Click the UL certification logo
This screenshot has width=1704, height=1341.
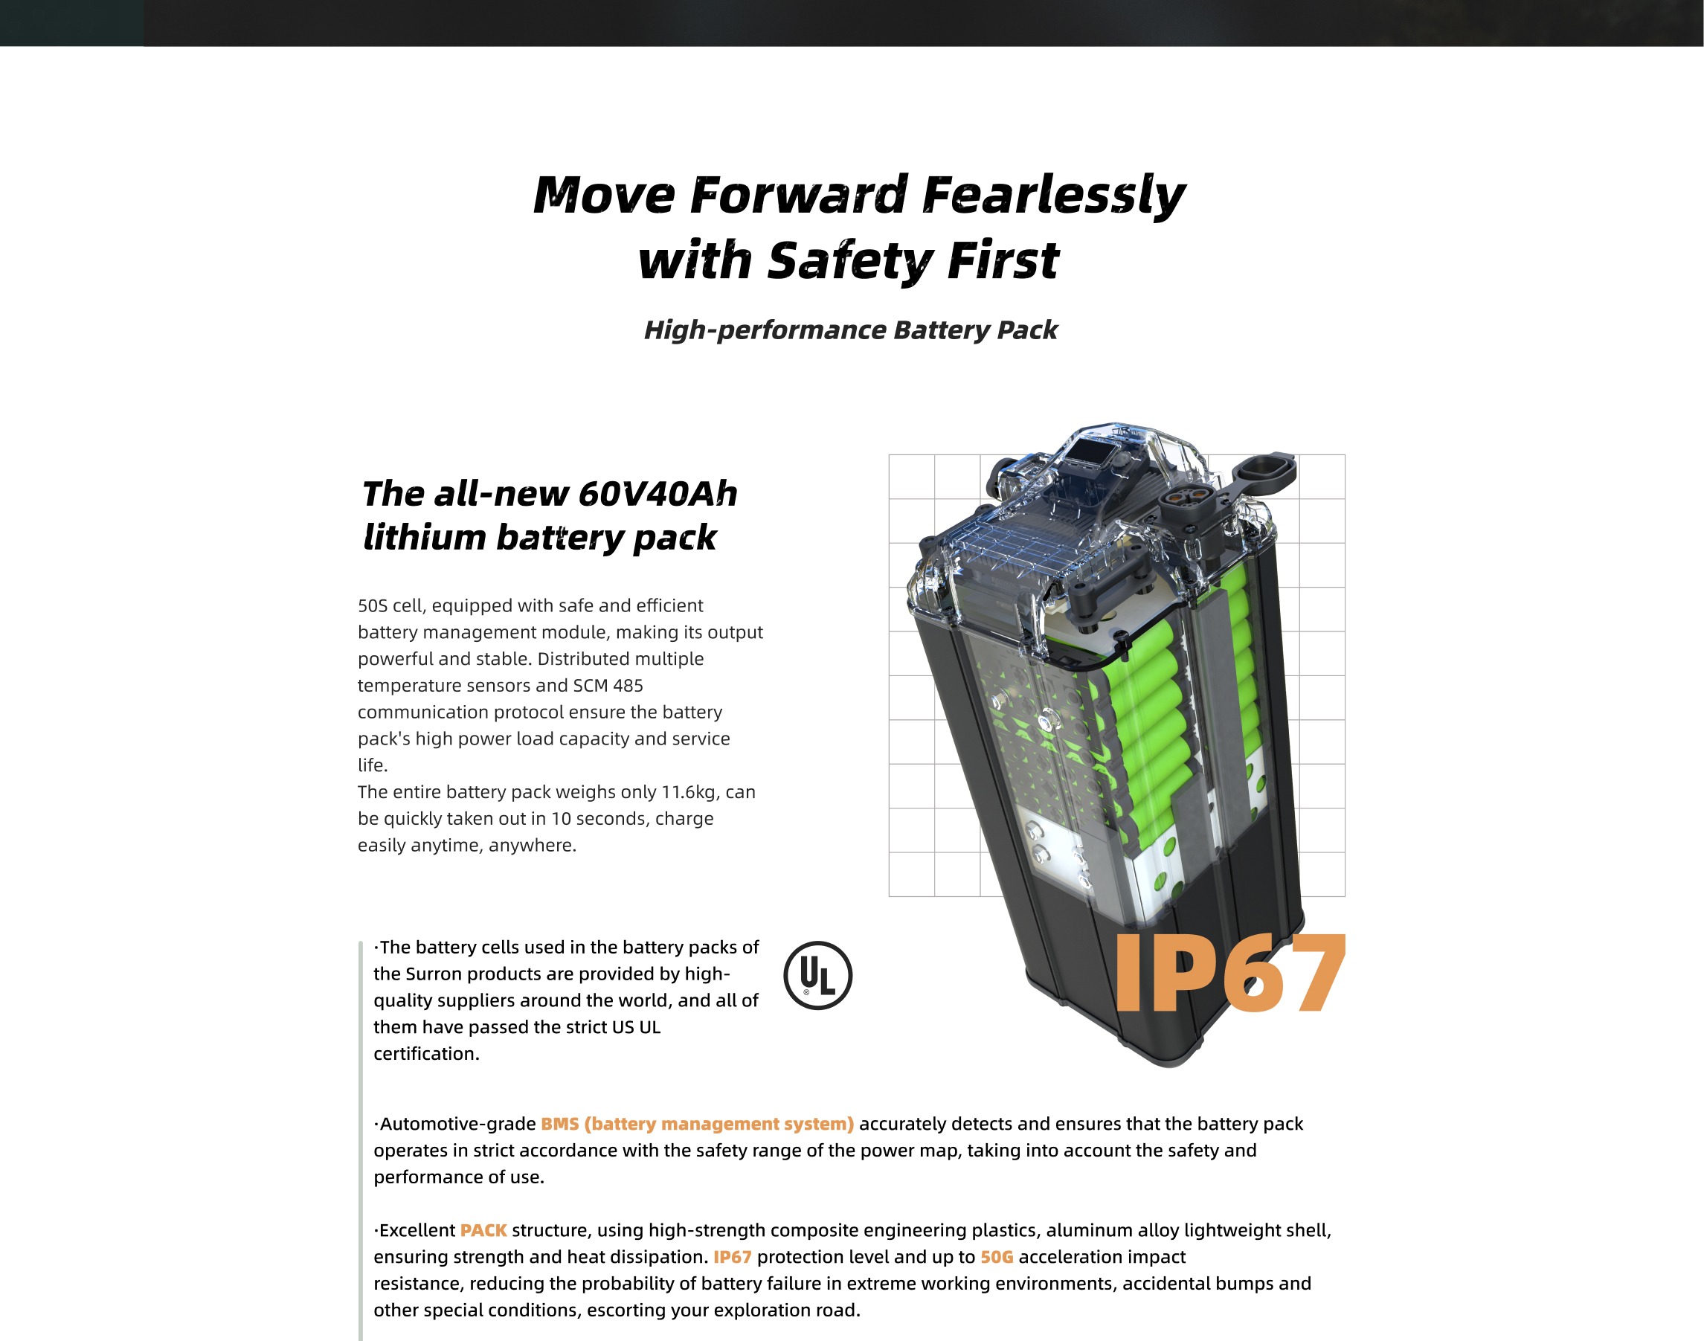(817, 975)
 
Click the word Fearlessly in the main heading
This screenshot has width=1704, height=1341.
(1053, 195)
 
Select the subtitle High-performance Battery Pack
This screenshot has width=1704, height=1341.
(850, 329)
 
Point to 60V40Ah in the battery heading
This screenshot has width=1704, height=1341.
(658, 494)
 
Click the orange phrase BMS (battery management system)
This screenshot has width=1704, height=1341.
(698, 1124)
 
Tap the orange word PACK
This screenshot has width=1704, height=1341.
(483, 1230)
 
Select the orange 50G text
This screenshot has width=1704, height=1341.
(997, 1257)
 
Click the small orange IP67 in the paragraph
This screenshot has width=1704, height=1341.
(732, 1257)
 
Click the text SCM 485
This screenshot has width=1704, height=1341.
(608, 686)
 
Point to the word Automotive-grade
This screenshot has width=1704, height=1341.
(458, 1125)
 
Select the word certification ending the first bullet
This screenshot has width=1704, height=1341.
(426, 1054)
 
